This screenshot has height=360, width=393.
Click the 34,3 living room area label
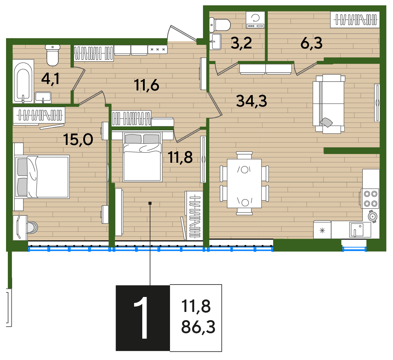coord(251,101)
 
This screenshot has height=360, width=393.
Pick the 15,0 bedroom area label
coord(78,139)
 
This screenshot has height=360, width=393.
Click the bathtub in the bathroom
coord(23,82)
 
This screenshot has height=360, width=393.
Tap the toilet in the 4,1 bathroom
coord(53,55)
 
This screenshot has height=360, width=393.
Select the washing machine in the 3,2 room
coord(255,20)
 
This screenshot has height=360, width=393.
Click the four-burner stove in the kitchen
coord(371,198)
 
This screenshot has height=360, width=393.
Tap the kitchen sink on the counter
coord(357,230)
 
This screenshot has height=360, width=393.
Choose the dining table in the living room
coord(244,183)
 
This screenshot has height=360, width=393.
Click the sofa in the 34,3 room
coord(329,104)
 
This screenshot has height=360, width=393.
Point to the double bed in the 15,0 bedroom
coord(42,177)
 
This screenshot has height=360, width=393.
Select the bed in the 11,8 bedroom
coord(142,157)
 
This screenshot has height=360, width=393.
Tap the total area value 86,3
coord(198,327)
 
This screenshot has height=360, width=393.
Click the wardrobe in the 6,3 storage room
coord(355,20)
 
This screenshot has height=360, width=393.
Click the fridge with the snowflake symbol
coord(322,230)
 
